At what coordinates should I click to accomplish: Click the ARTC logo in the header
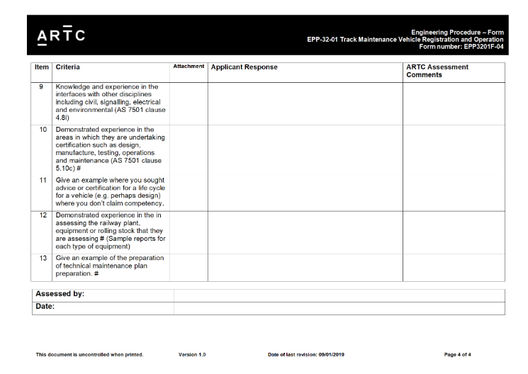click(61, 35)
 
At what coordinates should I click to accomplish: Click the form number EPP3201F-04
click(461, 47)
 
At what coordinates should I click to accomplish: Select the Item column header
click(42, 67)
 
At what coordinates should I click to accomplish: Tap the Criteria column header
click(68, 67)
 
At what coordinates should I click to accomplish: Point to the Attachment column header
click(189, 67)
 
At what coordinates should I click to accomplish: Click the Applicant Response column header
click(245, 67)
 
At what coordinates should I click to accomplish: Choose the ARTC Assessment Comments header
click(437, 71)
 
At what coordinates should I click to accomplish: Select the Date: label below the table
click(46, 307)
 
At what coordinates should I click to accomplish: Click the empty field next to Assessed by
click(339, 294)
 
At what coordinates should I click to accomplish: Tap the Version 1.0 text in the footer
click(192, 354)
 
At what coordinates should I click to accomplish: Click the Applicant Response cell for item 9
click(305, 103)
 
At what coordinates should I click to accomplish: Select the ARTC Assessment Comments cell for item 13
click(454, 267)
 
